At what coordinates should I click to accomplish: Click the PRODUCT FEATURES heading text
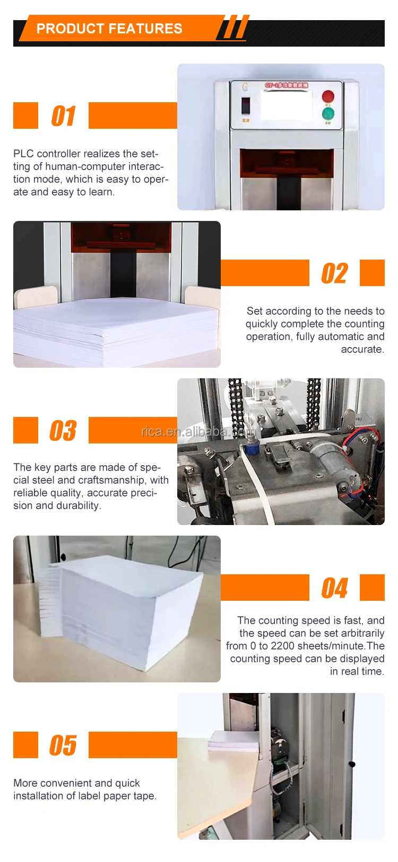click(x=109, y=29)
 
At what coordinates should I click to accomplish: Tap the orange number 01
click(x=63, y=116)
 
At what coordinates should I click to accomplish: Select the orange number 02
click(x=334, y=273)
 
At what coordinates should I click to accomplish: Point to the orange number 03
click(x=63, y=431)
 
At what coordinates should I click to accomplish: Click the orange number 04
click(x=334, y=588)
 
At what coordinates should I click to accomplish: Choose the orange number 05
click(x=63, y=745)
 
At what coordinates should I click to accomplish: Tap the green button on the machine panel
click(x=328, y=113)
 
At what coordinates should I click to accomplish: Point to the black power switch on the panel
click(x=246, y=105)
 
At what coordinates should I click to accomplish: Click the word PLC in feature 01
click(x=23, y=154)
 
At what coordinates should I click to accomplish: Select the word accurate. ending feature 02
click(x=362, y=350)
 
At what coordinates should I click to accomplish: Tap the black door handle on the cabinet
click(x=351, y=764)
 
